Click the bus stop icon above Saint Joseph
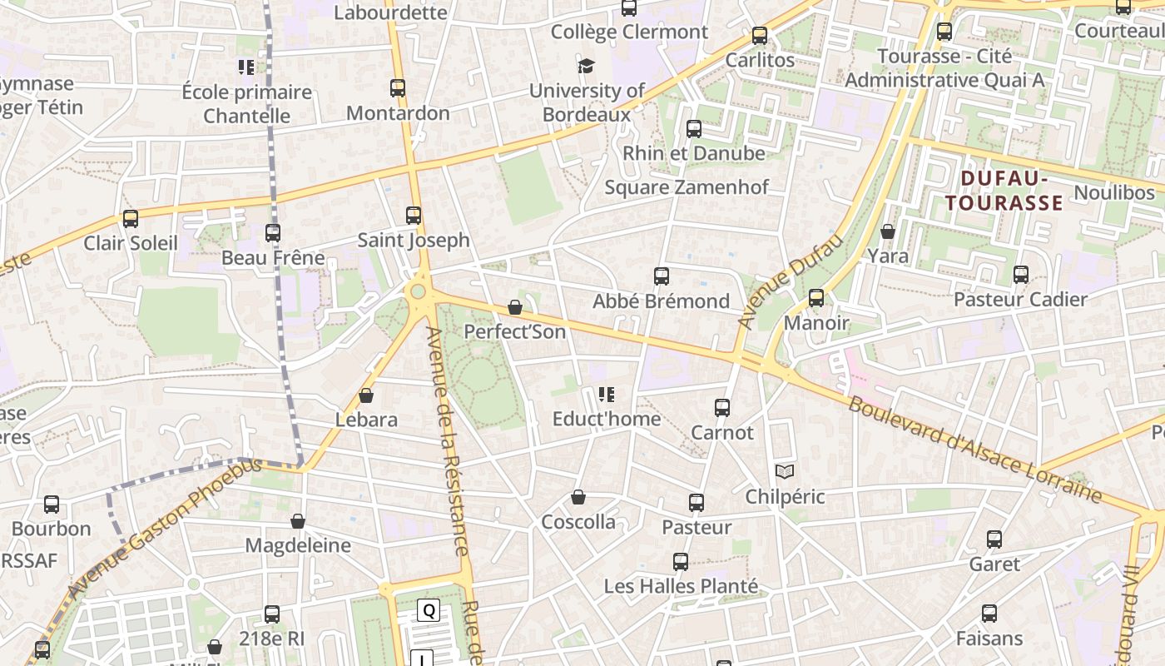(414, 216)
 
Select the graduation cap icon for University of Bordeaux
(587, 66)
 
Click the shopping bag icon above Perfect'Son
(515, 307)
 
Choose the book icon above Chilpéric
(785, 472)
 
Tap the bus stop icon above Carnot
(722, 408)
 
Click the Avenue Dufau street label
(791, 281)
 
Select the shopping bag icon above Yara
(888, 231)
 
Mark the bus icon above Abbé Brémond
(662, 276)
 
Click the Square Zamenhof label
(687, 187)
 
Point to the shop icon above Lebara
(366, 395)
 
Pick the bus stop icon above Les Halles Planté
(681, 562)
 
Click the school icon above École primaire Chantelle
(246, 67)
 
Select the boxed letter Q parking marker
(429, 610)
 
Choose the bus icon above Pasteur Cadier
(1021, 275)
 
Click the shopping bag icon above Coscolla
(578, 498)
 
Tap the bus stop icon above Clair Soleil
(131, 219)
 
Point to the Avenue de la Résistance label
(449, 441)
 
